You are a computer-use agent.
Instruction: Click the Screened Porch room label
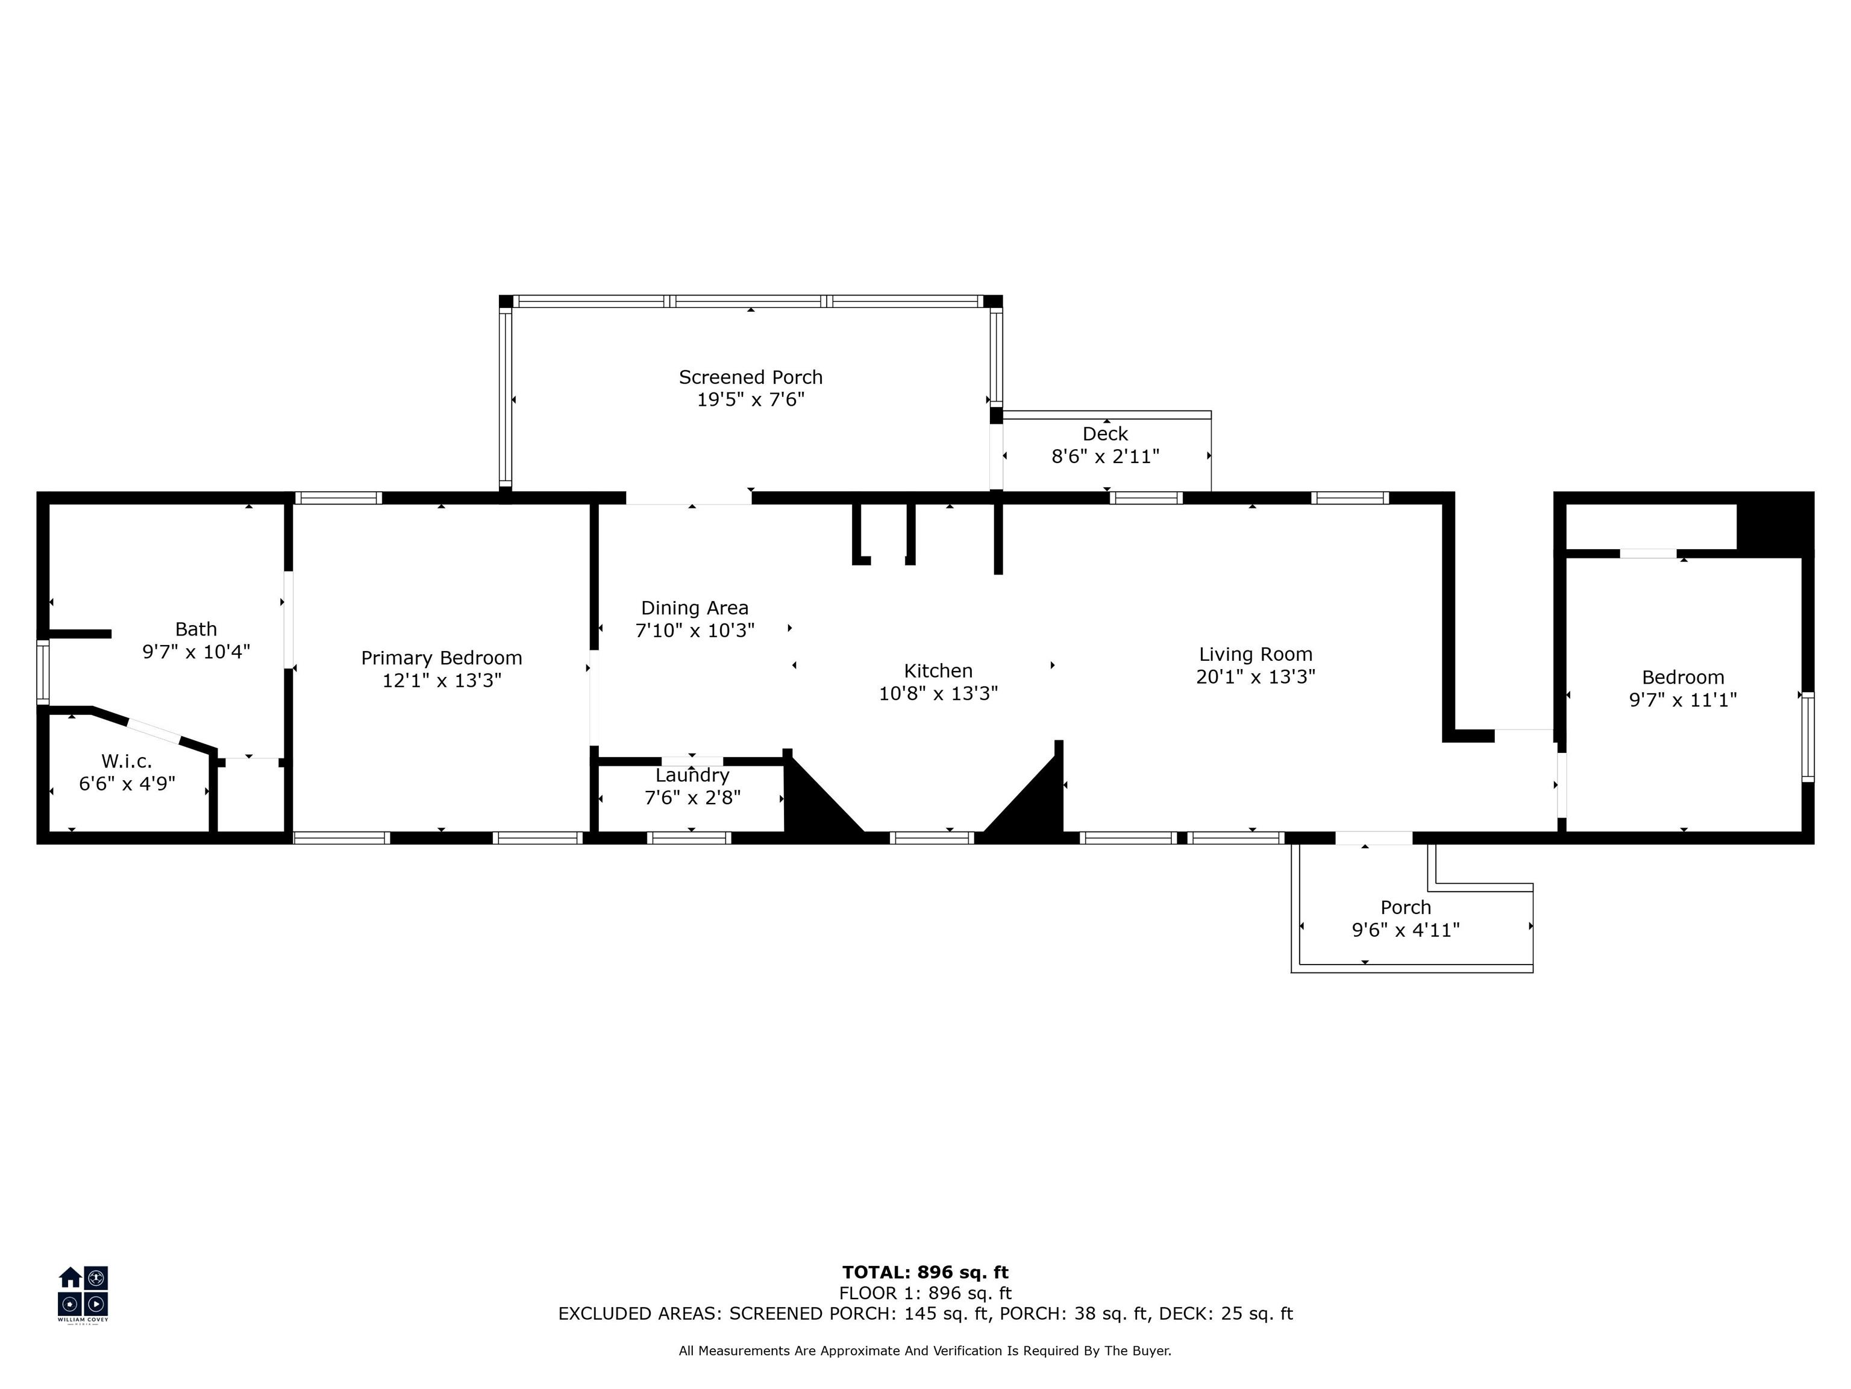[751, 377]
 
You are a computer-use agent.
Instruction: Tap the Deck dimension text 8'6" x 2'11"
[1106, 456]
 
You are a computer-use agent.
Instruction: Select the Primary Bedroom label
[442, 658]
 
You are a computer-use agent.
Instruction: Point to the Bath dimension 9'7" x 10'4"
[196, 651]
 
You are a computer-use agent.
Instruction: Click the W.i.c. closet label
[127, 761]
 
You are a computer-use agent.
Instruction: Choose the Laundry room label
[692, 775]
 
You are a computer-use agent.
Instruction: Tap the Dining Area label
[695, 608]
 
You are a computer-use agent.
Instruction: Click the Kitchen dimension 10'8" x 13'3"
[938, 693]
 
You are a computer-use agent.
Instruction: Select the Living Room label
[1255, 654]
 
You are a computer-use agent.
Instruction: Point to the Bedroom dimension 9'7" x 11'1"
[1683, 700]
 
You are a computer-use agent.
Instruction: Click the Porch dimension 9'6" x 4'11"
[1406, 930]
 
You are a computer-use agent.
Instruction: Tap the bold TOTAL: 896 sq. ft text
[925, 1273]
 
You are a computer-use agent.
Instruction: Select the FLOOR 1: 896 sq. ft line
[925, 1294]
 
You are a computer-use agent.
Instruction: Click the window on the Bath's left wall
[43, 672]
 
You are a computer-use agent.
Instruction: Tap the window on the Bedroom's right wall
[1808, 737]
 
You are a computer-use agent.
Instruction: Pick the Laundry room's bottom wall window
[689, 837]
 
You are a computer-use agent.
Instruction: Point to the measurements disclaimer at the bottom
[925, 1350]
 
